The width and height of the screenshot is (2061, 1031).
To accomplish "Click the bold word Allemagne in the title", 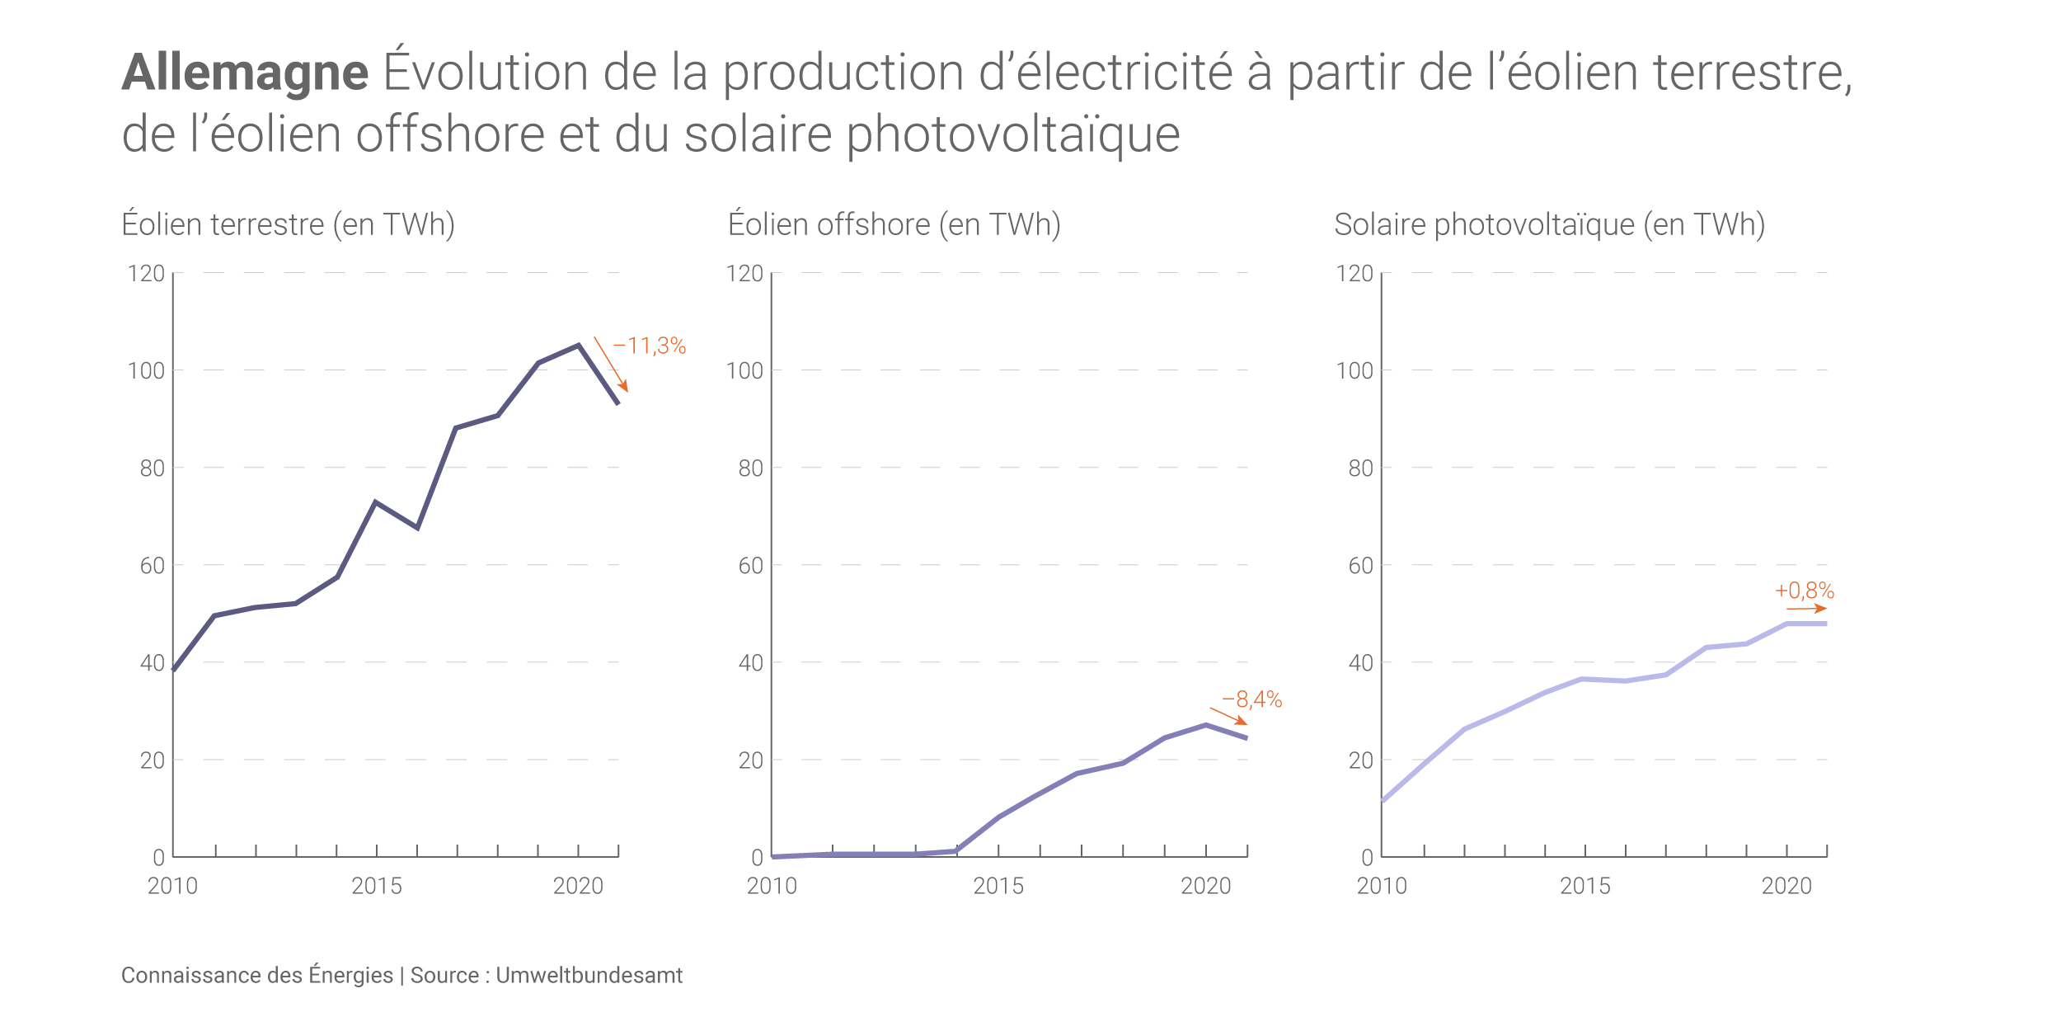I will (x=245, y=73).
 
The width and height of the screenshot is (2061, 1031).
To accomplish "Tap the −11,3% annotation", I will (x=650, y=346).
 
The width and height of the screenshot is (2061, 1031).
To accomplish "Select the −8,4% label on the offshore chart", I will (x=1251, y=699).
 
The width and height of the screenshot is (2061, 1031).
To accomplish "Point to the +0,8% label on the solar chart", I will (x=1805, y=591).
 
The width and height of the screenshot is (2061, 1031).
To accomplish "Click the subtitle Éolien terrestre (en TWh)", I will (x=288, y=224).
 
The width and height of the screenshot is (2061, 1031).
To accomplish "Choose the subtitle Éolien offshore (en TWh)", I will (x=894, y=224).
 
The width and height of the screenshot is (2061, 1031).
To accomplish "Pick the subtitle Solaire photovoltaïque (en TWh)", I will (x=1549, y=224).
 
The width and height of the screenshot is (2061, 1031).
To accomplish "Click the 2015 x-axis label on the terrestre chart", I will (x=377, y=886).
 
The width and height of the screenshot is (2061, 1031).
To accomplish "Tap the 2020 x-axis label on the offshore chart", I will (x=1205, y=886).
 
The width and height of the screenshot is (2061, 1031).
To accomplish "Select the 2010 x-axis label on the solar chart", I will (x=1382, y=886).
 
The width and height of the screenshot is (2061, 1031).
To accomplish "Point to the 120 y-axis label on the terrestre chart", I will (x=146, y=274).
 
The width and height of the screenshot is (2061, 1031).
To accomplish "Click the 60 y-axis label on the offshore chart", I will (x=750, y=566).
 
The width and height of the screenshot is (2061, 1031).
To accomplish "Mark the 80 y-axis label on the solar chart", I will (x=1360, y=468).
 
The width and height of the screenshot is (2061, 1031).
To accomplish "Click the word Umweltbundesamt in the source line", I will (x=589, y=975).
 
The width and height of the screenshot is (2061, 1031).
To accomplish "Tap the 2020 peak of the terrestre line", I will (x=579, y=346).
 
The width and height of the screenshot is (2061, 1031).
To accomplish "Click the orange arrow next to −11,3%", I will (x=611, y=364).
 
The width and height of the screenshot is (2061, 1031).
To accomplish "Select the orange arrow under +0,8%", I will (x=1806, y=609).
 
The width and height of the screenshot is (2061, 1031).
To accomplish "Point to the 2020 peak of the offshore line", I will (x=1205, y=725).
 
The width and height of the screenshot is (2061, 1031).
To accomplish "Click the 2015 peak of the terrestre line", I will (x=376, y=502).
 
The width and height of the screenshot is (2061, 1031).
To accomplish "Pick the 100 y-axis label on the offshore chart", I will (x=744, y=371).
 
